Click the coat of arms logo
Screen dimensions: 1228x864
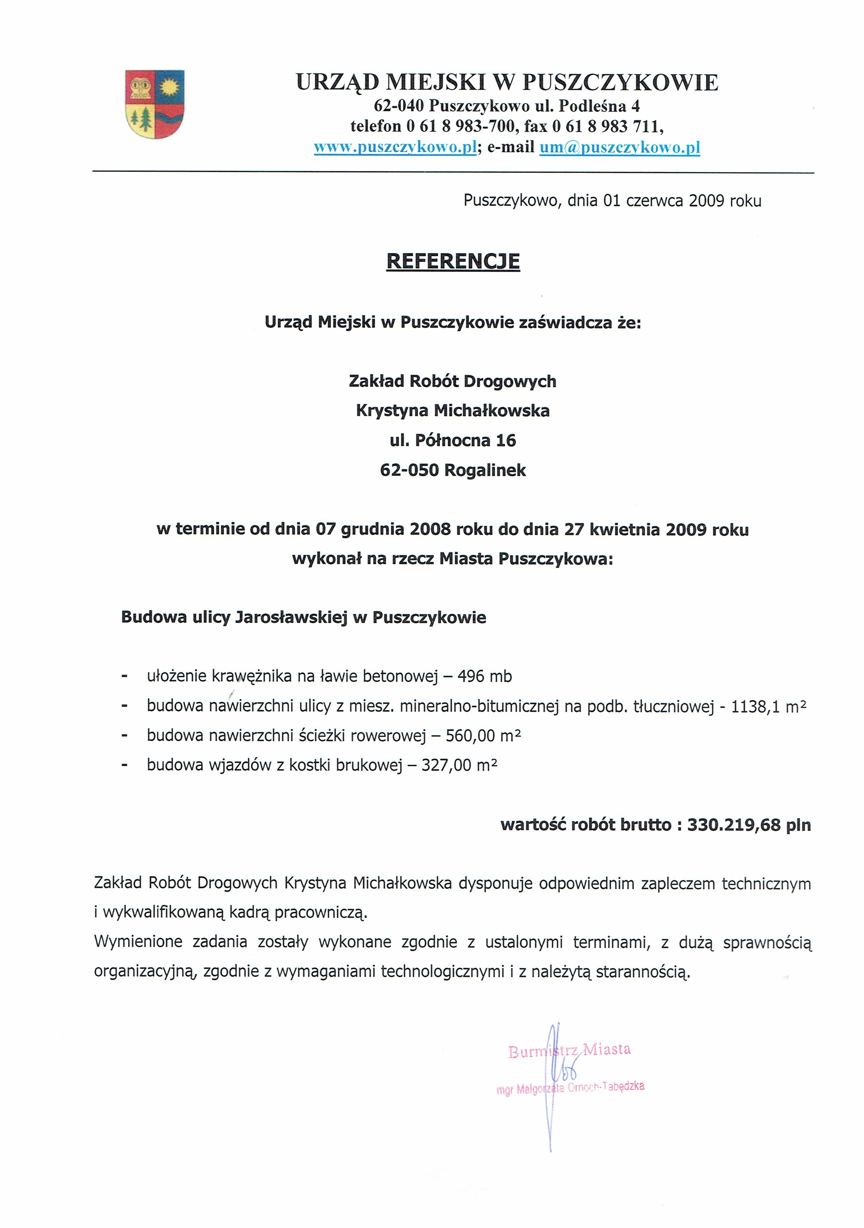154,104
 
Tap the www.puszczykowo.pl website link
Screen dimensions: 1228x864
395,148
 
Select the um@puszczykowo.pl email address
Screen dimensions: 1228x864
620,148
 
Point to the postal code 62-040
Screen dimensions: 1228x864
398,105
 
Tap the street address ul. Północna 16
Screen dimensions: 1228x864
453,441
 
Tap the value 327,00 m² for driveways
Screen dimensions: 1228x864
459,765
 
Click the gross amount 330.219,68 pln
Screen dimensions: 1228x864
749,825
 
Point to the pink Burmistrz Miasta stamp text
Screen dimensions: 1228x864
569,1049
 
